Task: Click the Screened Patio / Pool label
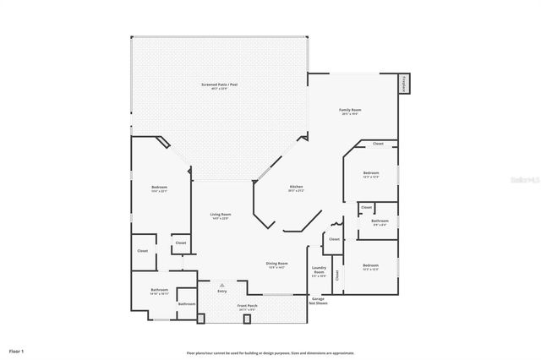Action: point(217,85)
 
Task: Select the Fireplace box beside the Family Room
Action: point(404,84)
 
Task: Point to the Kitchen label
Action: point(296,186)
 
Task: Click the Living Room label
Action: point(221,215)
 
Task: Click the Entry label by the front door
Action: point(221,292)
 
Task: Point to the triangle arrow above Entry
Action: point(221,285)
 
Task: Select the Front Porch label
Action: point(246,305)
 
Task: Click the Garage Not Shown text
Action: point(319,300)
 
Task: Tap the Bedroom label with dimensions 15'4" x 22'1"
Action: point(159,187)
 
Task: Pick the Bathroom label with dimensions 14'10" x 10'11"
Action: point(159,290)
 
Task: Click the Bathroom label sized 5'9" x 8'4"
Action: point(380,221)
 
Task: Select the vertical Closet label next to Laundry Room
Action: point(337,275)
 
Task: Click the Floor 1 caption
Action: point(17,350)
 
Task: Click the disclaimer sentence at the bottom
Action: point(270,353)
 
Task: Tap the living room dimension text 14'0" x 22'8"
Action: point(221,219)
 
